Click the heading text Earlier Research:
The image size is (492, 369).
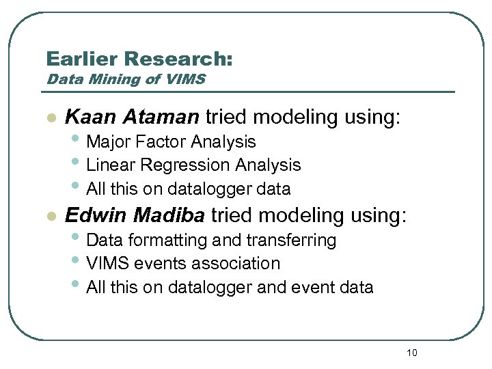point(139,59)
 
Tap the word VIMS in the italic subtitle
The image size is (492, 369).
point(184,79)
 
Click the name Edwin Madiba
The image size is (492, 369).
point(134,216)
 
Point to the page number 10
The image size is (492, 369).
point(411,353)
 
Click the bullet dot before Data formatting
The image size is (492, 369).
point(79,239)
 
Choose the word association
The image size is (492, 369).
point(243,264)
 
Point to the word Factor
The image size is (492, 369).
point(161,142)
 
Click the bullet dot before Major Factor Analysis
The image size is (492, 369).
point(79,141)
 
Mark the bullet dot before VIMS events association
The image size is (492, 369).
point(79,262)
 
